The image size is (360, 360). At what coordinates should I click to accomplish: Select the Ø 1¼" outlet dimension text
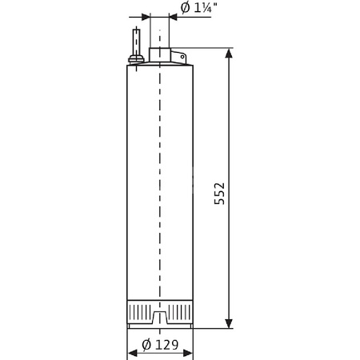196,9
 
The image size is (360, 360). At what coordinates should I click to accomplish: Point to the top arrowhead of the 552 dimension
230,54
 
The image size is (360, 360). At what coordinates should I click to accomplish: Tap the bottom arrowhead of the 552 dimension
230,323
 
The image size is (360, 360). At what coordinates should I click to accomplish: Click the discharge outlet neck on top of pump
159,55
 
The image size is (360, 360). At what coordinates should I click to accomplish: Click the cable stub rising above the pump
137,40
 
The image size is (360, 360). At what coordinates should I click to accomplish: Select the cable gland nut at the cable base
137,58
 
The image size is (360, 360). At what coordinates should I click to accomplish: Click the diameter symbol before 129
146,346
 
